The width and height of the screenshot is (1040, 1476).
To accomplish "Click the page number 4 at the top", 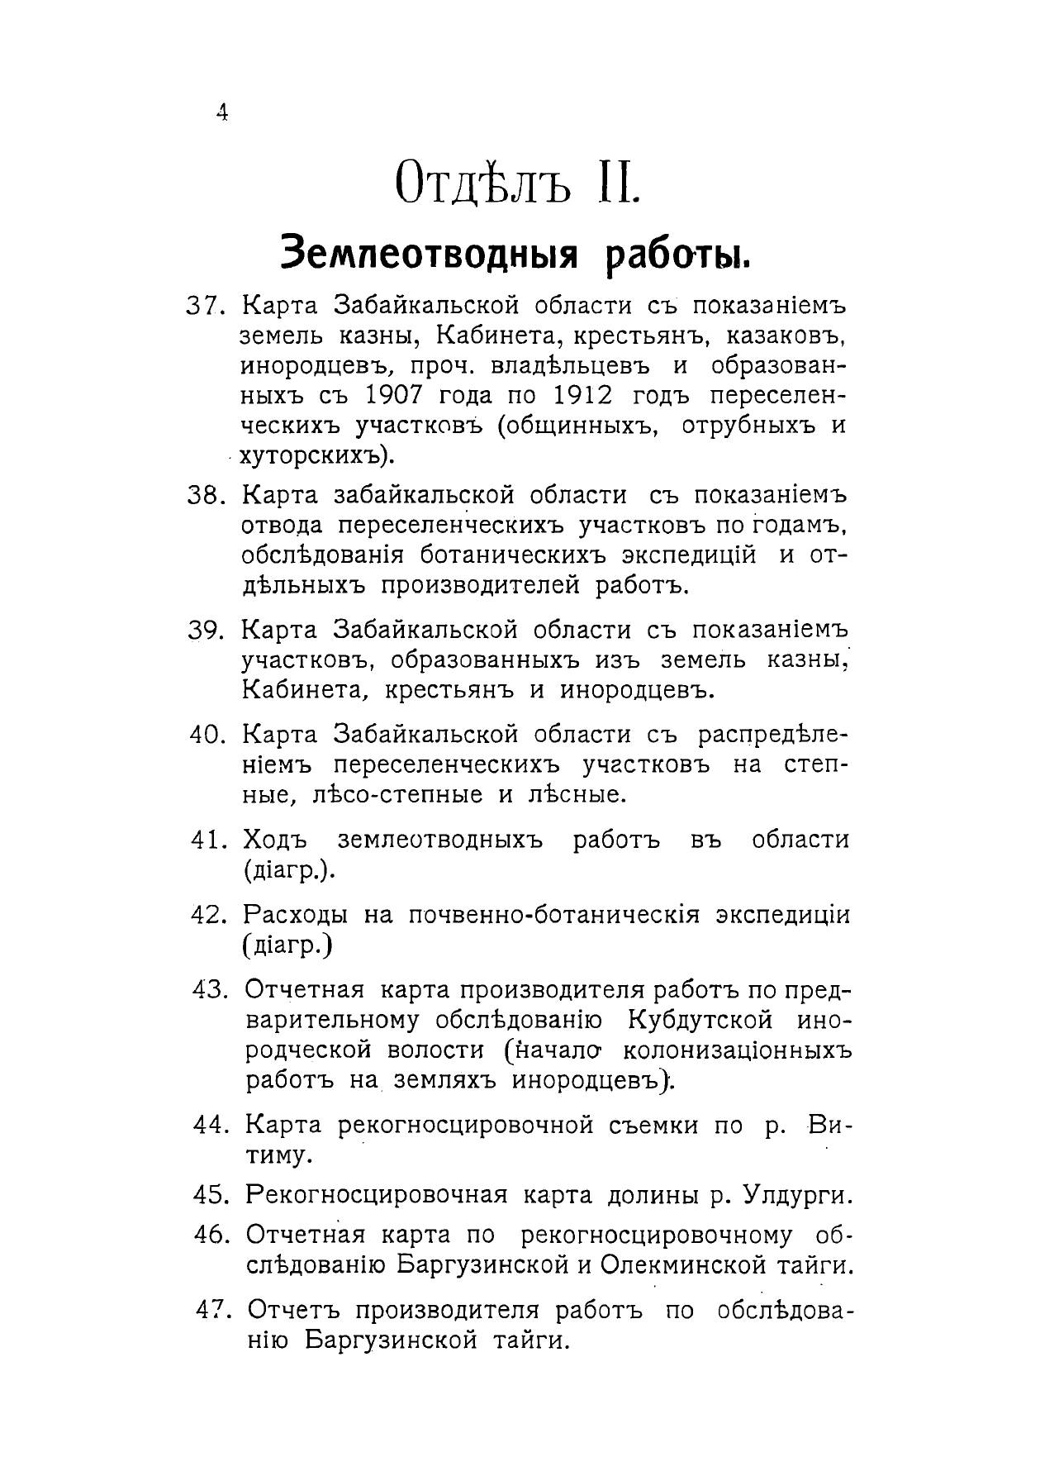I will [x=221, y=112].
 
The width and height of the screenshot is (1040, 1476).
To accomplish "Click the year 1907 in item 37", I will [x=393, y=395].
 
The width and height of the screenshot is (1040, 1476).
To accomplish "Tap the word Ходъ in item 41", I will [x=275, y=840].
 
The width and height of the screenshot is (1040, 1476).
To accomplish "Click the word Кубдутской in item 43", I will [x=700, y=1021].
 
